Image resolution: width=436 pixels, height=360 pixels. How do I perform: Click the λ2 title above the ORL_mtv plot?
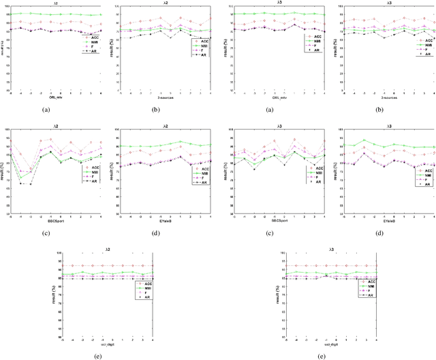[x=54, y=2]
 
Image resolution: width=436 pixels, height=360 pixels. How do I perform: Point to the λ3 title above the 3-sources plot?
[x=385, y=2]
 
